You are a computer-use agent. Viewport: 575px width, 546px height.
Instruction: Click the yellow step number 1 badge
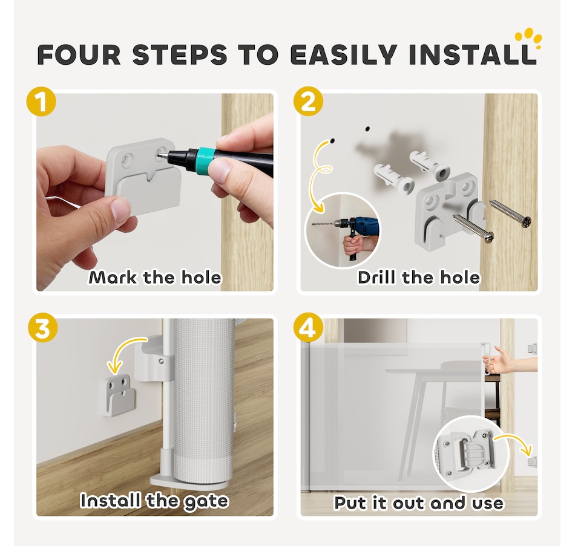(41, 102)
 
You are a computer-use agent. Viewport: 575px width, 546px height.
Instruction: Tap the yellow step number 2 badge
(309, 102)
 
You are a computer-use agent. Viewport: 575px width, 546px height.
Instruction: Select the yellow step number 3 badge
(43, 327)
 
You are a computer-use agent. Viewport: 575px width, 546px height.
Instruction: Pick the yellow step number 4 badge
(309, 327)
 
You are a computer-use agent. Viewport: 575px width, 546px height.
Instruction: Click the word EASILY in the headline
(344, 54)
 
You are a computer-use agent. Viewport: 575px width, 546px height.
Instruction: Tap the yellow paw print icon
(528, 38)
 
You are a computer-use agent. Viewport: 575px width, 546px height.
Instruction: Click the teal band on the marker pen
(203, 160)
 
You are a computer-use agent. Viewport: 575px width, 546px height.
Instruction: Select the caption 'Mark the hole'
(155, 278)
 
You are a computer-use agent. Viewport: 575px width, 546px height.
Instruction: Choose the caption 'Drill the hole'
(419, 278)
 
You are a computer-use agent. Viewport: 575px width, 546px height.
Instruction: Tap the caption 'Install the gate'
(154, 501)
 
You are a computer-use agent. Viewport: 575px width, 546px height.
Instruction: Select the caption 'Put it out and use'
(419, 502)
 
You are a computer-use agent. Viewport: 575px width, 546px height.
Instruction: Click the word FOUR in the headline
(79, 54)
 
